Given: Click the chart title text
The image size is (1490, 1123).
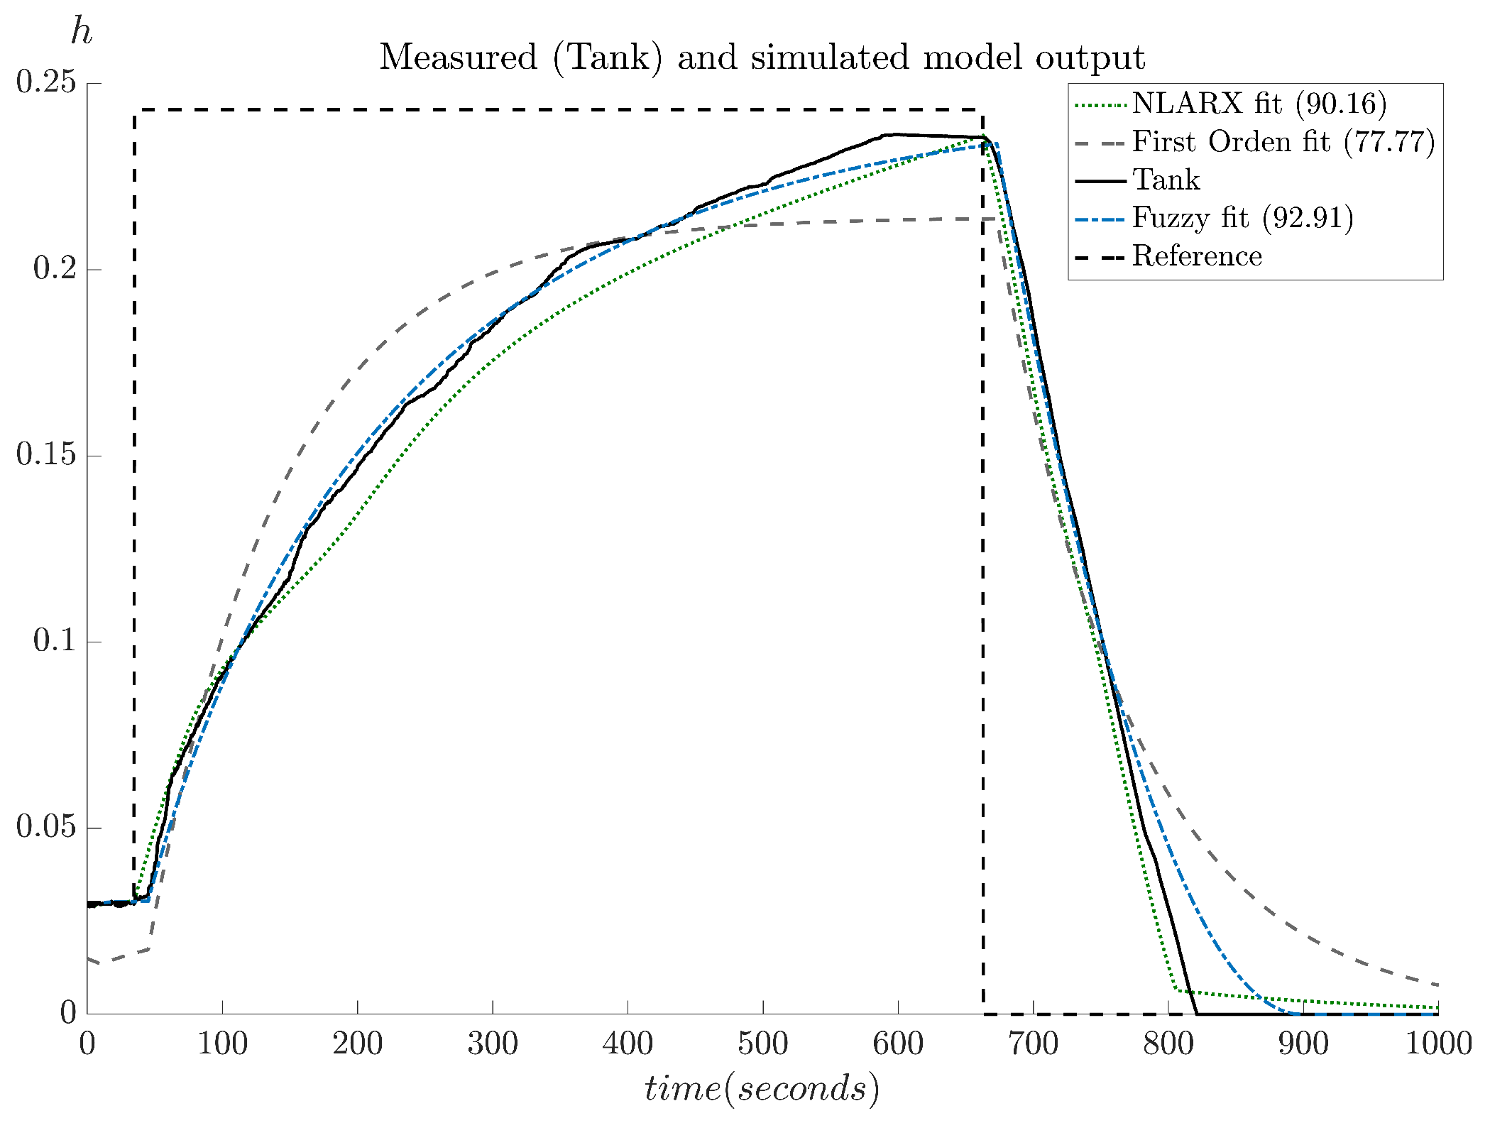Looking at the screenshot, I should (x=762, y=57).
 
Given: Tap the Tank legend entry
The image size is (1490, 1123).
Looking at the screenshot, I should (x=1166, y=180).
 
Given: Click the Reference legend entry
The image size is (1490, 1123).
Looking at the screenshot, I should (x=1197, y=256).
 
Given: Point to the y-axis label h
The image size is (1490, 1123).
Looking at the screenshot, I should (x=82, y=32).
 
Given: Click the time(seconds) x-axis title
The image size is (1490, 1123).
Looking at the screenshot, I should (x=762, y=1089).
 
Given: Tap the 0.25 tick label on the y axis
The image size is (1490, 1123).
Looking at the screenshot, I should (x=46, y=83).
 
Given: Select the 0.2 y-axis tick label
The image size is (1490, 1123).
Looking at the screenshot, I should (x=54, y=270).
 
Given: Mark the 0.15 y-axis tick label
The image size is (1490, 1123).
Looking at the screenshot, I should (x=46, y=456).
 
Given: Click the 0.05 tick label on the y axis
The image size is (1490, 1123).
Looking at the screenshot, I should (x=46, y=828).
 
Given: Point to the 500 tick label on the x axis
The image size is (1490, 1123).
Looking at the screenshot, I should (x=762, y=1044).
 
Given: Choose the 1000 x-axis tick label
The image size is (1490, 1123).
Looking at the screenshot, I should (x=1439, y=1044).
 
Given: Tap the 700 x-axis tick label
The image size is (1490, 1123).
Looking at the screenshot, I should (x=1033, y=1044).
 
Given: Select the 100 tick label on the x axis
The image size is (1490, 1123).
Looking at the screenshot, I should (x=222, y=1044).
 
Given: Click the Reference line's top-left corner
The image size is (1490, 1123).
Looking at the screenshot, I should (x=134, y=110).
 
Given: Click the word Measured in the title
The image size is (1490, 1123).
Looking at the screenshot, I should (x=458, y=57).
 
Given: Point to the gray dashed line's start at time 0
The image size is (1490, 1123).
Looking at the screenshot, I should (x=88, y=958).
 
